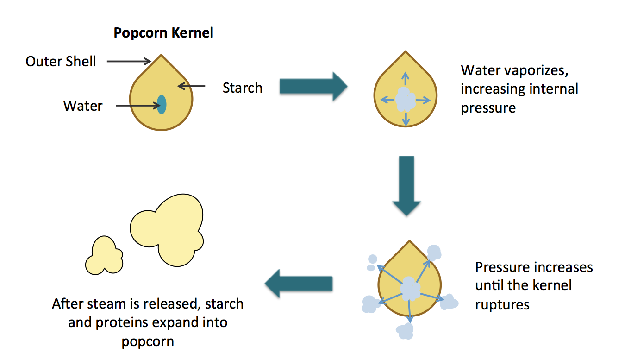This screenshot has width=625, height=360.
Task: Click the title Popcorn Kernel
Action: tap(163, 33)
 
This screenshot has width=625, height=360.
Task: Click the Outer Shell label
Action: tap(61, 61)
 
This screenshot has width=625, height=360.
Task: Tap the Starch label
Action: tap(242, 88)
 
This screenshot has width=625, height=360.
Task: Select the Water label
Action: tap(83, 106)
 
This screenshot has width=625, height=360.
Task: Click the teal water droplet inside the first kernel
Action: tap(161, 104)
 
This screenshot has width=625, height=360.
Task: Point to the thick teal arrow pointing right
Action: tap(313, 86)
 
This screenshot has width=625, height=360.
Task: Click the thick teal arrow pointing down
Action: tap(406, 185)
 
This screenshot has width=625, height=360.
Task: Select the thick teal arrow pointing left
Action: tap(299, 284)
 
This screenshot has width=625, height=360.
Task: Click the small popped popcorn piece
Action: tap(105, 255)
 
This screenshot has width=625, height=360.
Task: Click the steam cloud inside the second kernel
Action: tap(406, 99)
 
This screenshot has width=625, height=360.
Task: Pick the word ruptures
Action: tap(502, 304)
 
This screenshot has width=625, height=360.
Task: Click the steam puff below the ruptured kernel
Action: tap(404, 330)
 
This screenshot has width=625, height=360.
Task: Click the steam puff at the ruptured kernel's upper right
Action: tap(434, 253)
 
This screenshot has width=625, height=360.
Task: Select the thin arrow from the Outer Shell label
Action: tap(128, 61)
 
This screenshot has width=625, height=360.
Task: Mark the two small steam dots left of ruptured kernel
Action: tap(372, 263)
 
